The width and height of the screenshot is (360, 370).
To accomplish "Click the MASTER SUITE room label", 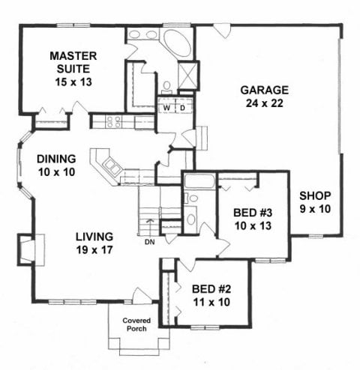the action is (73, 62).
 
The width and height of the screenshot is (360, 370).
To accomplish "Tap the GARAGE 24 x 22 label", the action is (265, 97).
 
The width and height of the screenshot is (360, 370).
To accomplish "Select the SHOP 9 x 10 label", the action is (315, 202).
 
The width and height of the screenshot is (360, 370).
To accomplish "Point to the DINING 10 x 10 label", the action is (56, 166).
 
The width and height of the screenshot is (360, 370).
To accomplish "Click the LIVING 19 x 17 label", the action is (94, 243).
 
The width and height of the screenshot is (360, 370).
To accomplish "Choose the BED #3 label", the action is (253, 213).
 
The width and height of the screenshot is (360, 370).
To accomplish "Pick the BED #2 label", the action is (211, 289).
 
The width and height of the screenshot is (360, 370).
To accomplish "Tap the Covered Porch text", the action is (136, 324).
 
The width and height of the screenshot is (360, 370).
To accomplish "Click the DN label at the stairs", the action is (150, 242).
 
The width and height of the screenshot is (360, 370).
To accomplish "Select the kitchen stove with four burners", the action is (113, 122).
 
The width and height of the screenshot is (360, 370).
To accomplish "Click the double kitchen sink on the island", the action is (112, 166).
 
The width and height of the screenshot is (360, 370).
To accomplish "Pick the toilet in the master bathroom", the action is (166, 88).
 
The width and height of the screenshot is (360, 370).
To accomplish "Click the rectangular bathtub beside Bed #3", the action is (199, 181).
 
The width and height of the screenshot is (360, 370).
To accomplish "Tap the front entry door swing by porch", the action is (142, 295).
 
